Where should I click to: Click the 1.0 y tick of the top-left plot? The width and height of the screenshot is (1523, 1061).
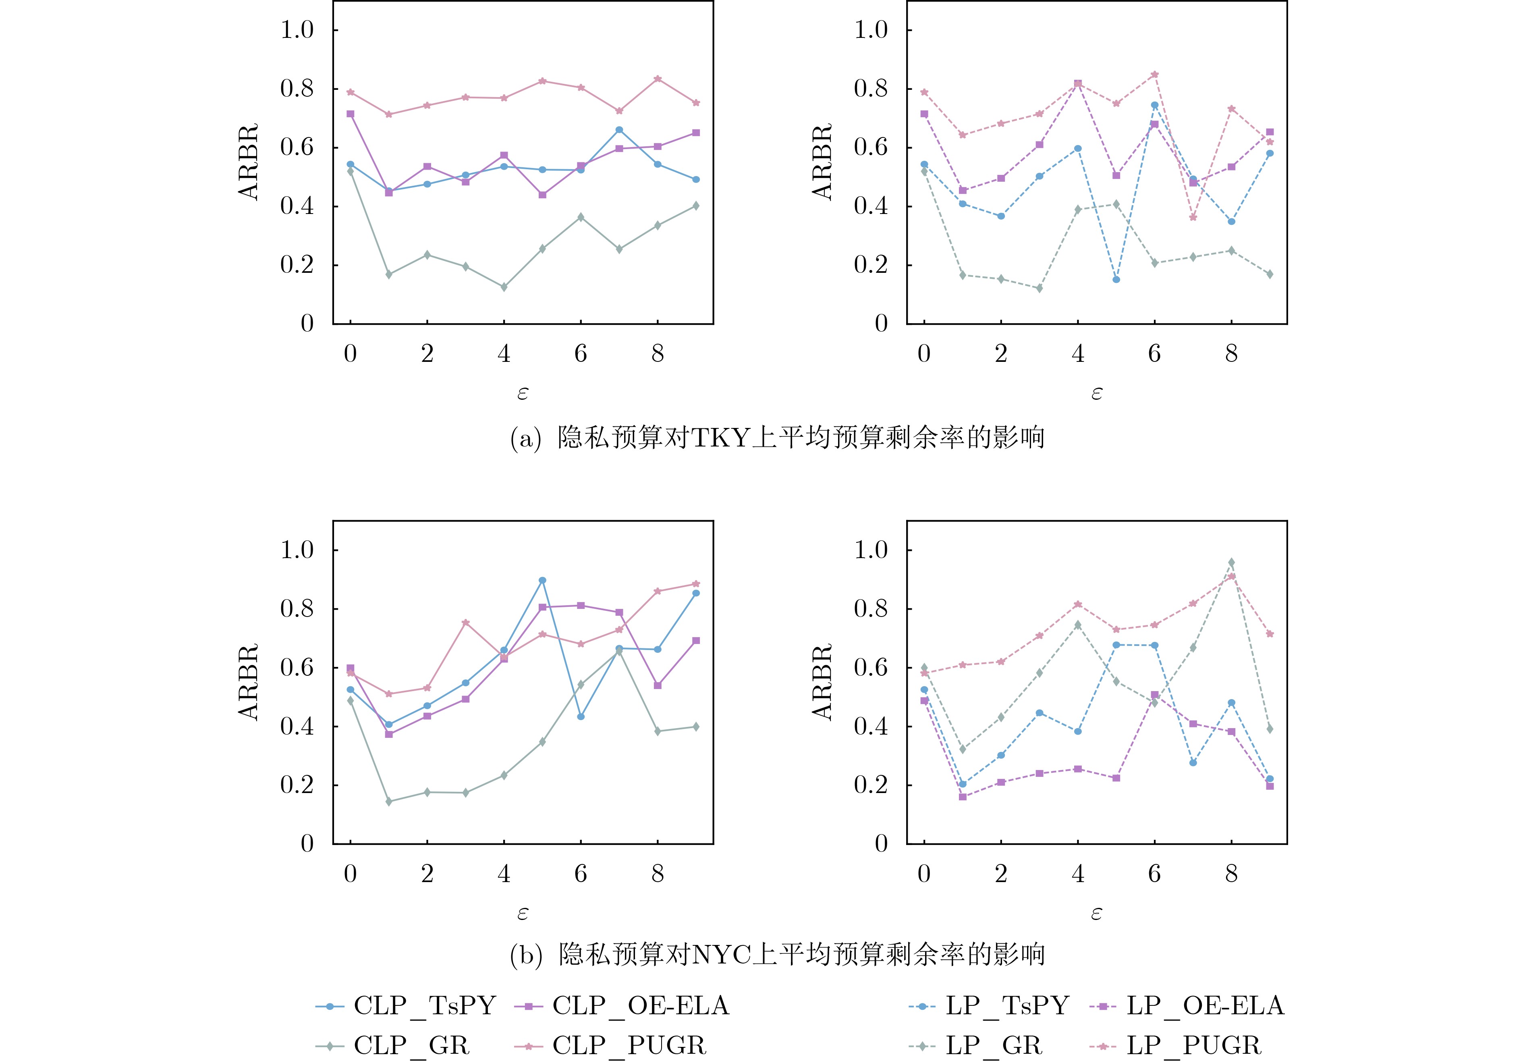[297, 30]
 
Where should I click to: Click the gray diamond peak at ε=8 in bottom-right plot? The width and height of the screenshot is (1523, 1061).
[1231, 563]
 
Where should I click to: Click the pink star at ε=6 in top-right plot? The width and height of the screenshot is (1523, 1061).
[1155, 74]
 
